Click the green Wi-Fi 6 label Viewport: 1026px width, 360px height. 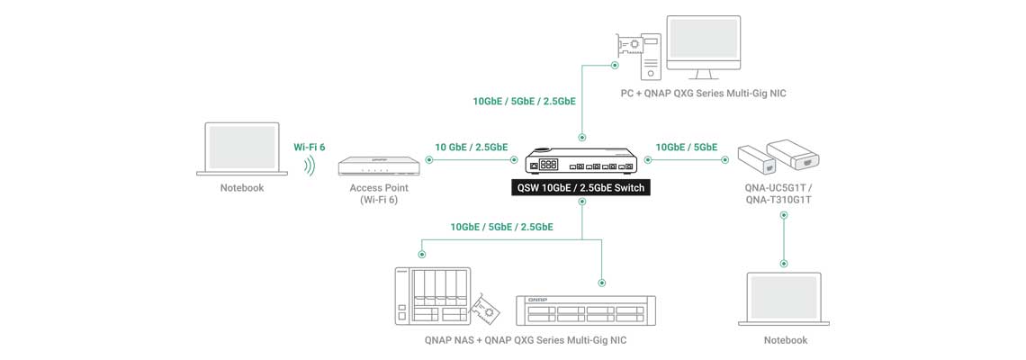click(x=309, y=146)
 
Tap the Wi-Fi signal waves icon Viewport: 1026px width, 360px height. click(x=310, y=166)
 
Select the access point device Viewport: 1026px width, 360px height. click(x=379, y=166)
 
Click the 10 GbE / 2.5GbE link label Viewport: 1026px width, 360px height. click(x=471, y=147)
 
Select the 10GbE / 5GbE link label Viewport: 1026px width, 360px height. click(x=686, y=147)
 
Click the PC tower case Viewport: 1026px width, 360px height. click(x=651, y=55)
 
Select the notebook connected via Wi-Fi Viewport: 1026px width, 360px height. click(x=242, y=148)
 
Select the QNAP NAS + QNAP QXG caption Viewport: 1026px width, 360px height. click(x=525, y=340)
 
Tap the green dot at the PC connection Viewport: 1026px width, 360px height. click(x=615, y=65)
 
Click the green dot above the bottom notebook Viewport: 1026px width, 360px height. click(x=784, y=264)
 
